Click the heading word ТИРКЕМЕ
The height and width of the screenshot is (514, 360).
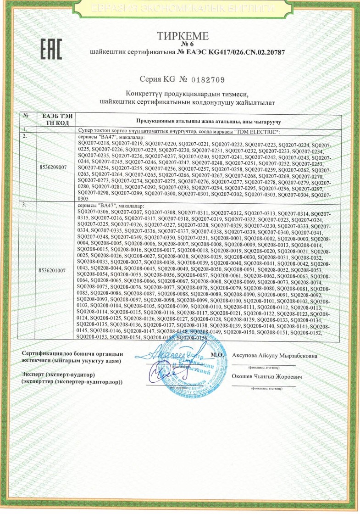click(183, 36)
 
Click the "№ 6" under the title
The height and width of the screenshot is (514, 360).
click(183, 44)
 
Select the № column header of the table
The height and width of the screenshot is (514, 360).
click(27, 117)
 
